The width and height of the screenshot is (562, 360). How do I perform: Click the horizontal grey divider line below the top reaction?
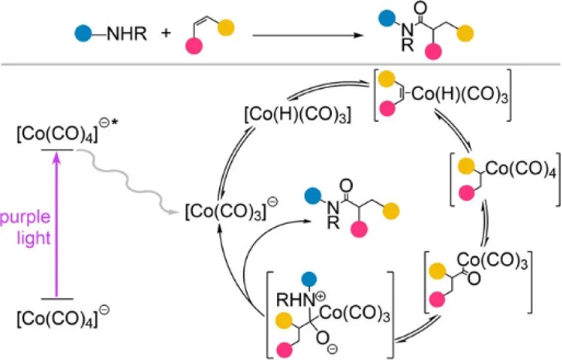[x=281, y=63]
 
